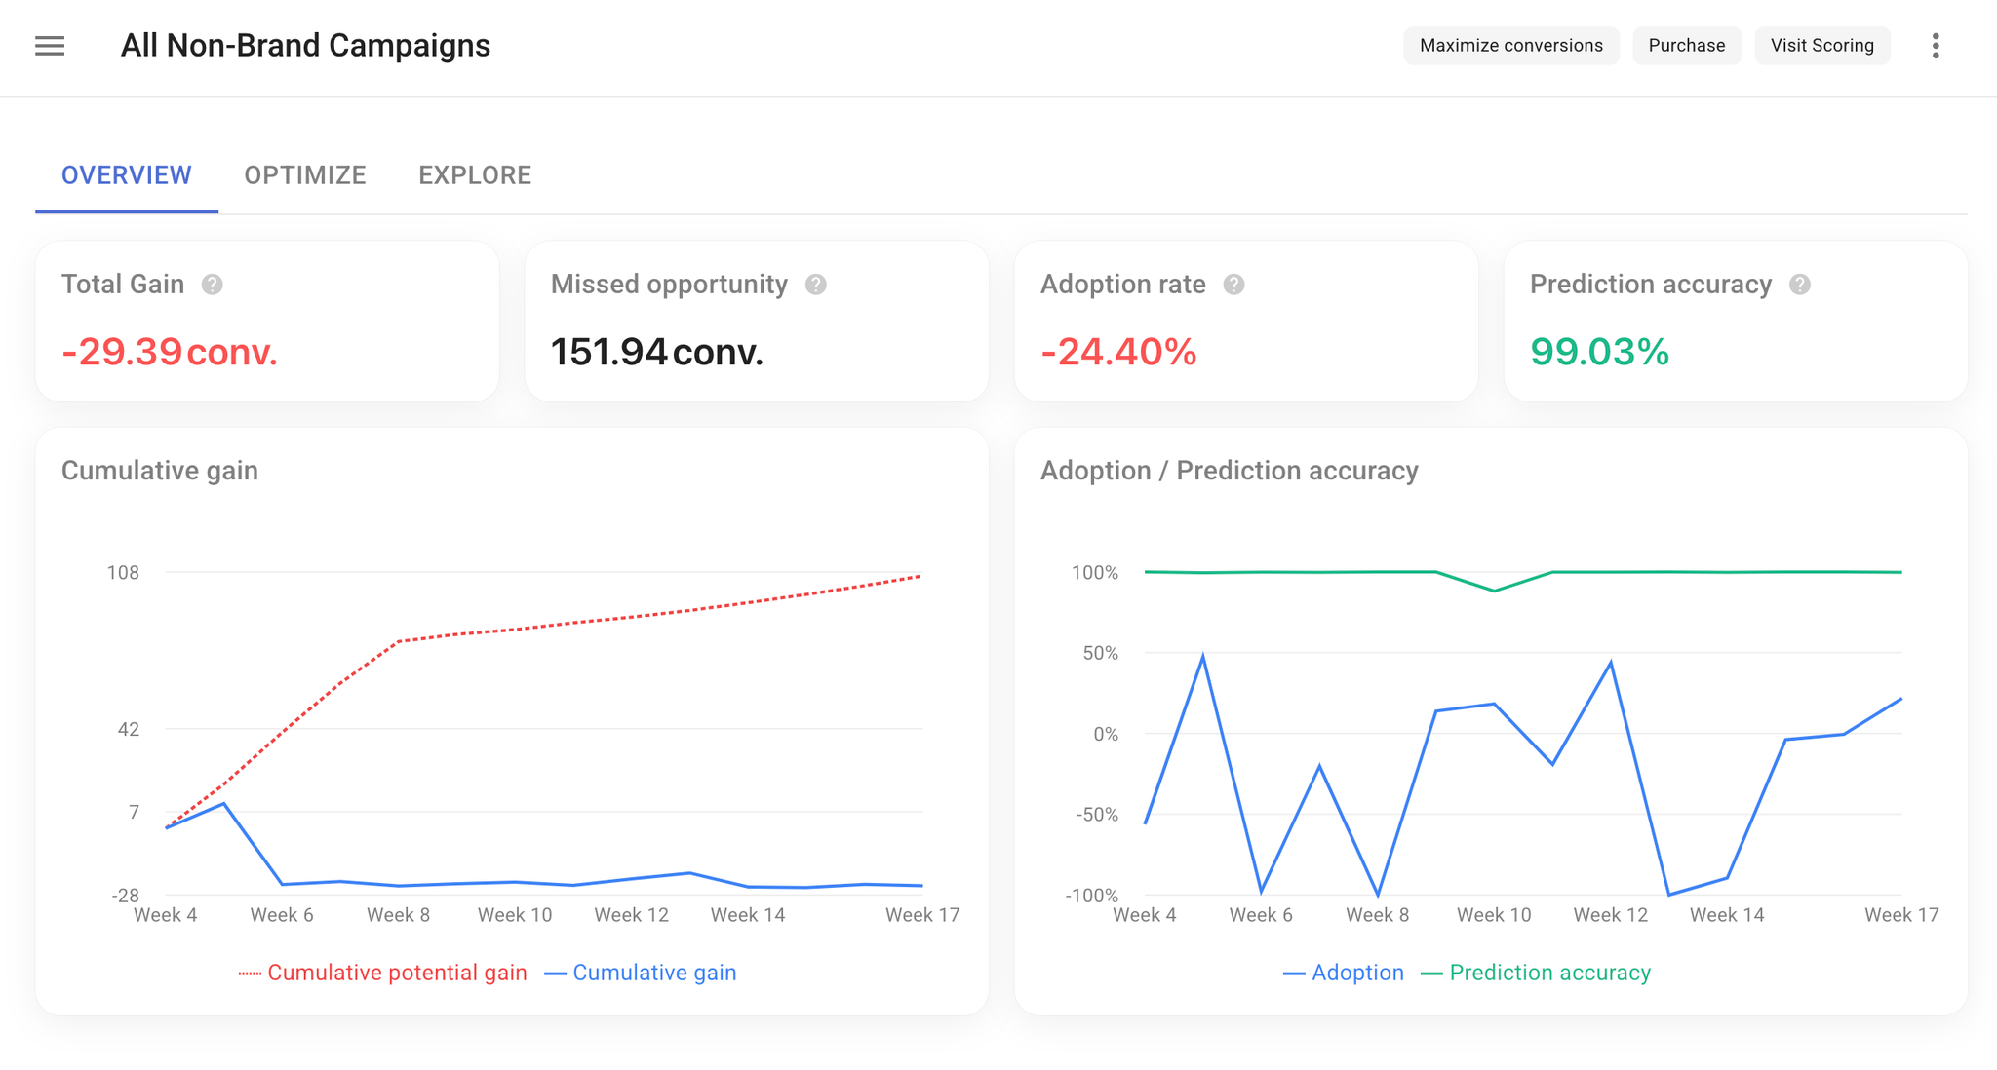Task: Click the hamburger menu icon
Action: pyautogui.click(x=50, y=46)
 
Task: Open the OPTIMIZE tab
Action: pyautogui.click(x=305, y=175)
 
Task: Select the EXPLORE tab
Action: pyautogui.click(x=475, y=175)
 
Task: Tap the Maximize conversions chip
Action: pyautogui.click(x=1510, y=46)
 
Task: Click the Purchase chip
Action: pyautogui.click(x=1686, y=46)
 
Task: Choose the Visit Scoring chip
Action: pyautogui.click(x=1821, y=46)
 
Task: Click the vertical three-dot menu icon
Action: pyautogui.click(x=1936, y=46)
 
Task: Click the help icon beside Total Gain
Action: pyautogui.click(x=212, y=285)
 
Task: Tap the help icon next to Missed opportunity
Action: pyautogui.click(x=816, y=285)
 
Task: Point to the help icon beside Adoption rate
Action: pyautogui.click(x=1233, y=285)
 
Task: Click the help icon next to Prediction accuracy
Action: pyautogui.click(x=1800, y=285)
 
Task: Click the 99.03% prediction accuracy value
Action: pyautogui.click(x=1599, y=352)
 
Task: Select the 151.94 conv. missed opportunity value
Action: pyautogui.click(x=656, y=352)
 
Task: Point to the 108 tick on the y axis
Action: pyautogui.click(x=123, y=572)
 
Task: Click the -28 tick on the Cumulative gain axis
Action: pyautogui.click(x=126, y=896)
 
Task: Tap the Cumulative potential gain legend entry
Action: pyautogui.click(x=383, y=973)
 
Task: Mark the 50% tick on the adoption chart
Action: pyautogui.click(x=1100, y=653)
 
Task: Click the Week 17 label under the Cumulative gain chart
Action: pyautogui.click(x=922, y=915)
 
